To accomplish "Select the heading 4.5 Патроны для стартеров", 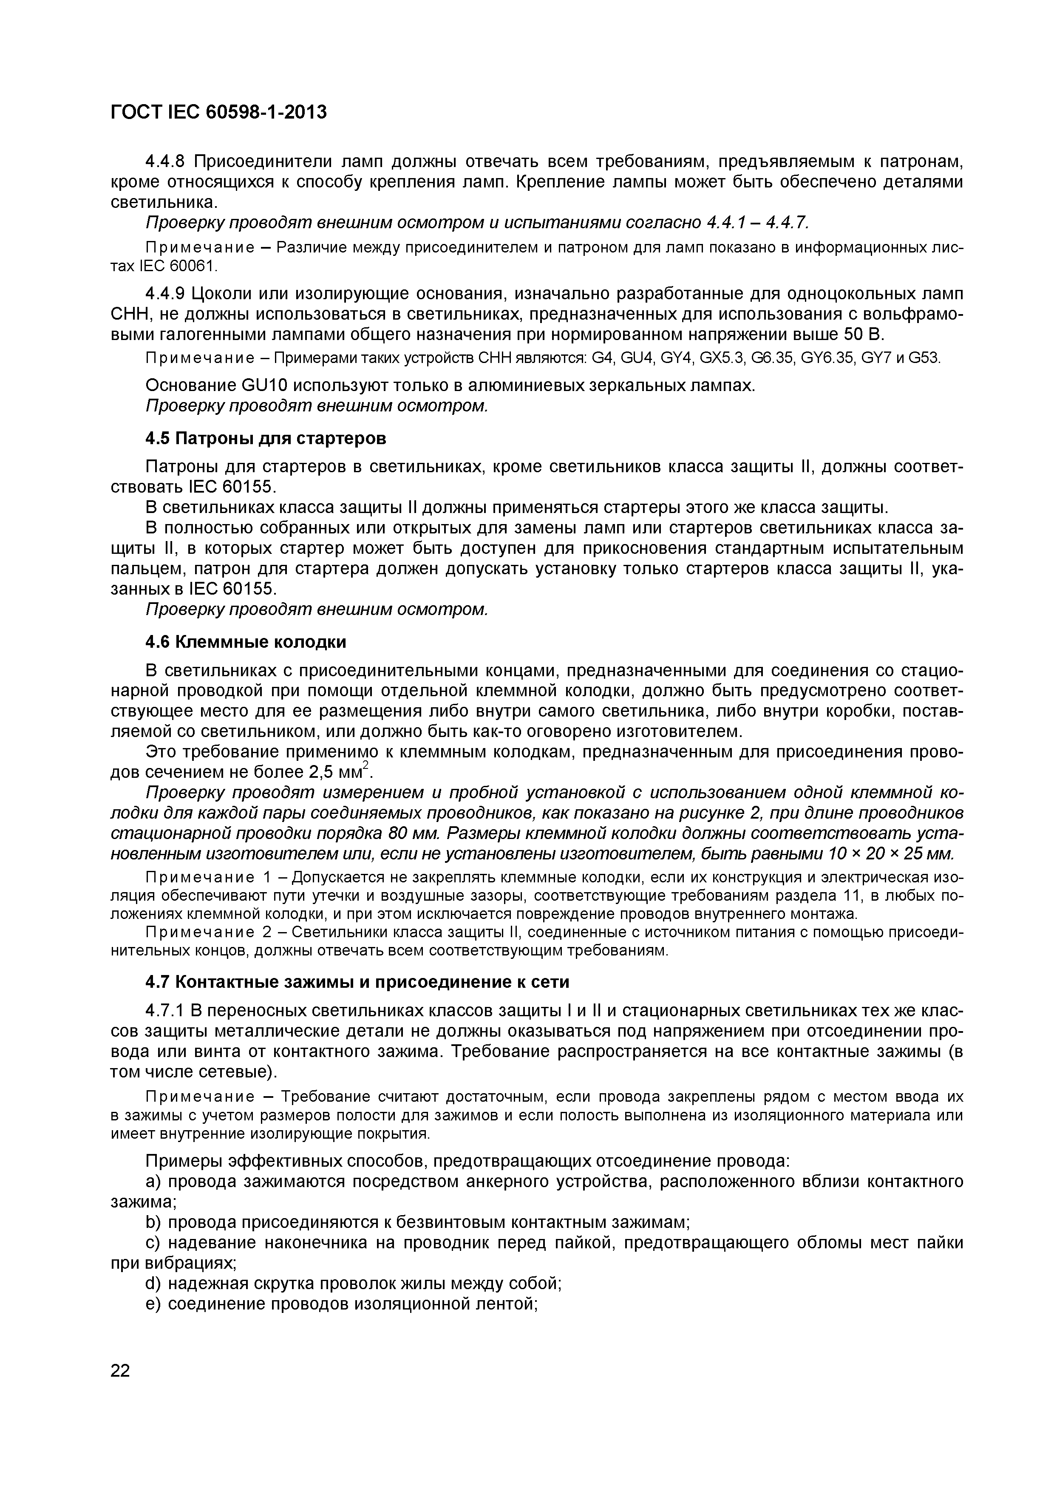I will point(265,439).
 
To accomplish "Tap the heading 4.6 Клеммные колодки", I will point(246,642).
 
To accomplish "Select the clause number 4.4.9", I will point(166,294).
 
